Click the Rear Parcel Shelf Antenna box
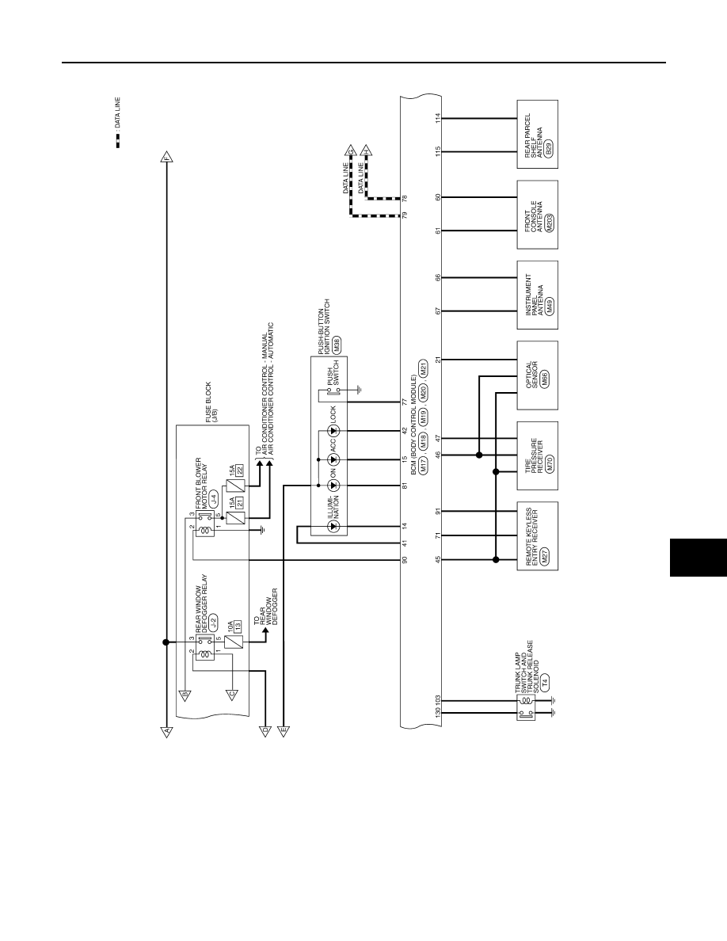click(538, 135)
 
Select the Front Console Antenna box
click(538, 215)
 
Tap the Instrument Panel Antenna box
click(538, 295)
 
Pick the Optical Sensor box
click(538, 375)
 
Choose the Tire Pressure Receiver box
click(538, 455)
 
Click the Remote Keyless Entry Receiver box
click(538, 536)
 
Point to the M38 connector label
click(337, 344)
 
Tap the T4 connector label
click(545, 682)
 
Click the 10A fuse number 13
click(238, 627)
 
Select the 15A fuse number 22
click(240, 471)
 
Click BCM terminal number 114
click(438, 118)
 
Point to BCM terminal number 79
click(405, 215)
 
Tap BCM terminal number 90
click(405, 560)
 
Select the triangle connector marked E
click(283, 731)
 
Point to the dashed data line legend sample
click(118, 140)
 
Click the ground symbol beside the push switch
click(358, 390)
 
